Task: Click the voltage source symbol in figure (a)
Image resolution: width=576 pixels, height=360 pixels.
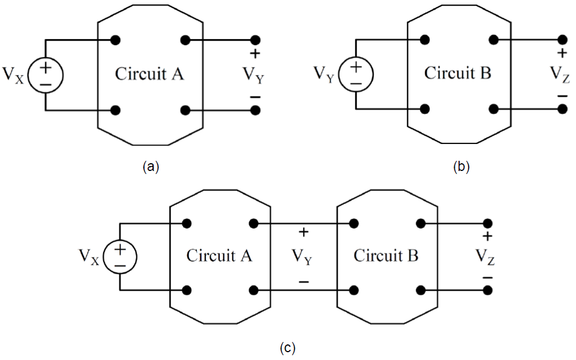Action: tap(46, 76)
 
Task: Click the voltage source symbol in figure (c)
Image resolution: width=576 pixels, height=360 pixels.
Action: tap(120, 257)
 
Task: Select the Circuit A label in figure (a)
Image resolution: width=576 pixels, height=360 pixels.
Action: tap(149, 75)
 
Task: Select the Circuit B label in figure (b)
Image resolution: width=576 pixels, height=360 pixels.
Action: tap(458, 74)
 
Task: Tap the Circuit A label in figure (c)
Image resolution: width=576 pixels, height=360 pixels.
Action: tap(219, 256)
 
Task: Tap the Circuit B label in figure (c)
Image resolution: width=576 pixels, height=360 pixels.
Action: tap(386, 256)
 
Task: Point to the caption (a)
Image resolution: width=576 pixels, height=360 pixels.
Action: tap(150, 167)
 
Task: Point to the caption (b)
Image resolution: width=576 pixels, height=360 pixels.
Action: tap(460, 167)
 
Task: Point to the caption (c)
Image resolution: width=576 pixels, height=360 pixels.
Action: tap(287, 347)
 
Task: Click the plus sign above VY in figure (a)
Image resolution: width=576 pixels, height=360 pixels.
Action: tap(256, 55)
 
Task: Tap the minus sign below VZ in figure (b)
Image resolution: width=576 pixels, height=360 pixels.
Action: tap(562, 96)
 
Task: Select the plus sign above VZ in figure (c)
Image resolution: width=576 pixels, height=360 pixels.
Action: tap(487, 236)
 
